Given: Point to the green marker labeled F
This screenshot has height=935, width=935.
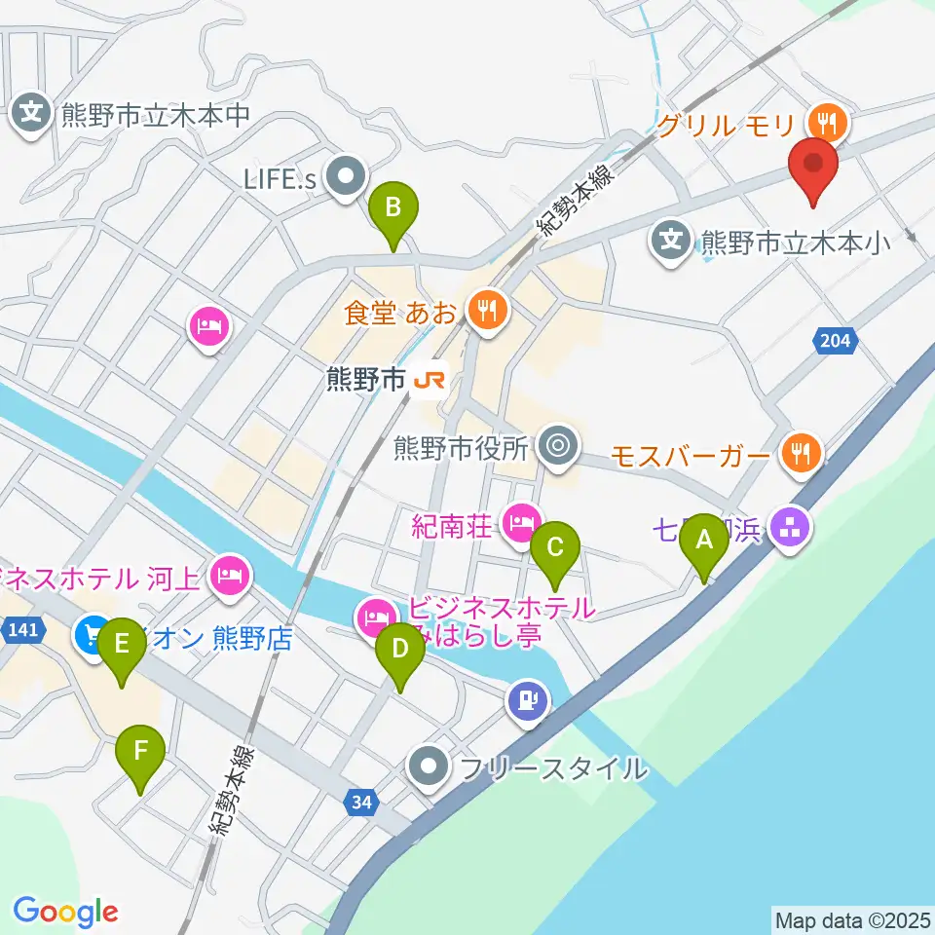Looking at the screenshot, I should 141,754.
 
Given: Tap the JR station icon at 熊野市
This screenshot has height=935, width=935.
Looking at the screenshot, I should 429,379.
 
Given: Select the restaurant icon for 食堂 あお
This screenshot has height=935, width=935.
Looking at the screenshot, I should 483,311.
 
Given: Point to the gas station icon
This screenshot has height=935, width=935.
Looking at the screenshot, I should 528,698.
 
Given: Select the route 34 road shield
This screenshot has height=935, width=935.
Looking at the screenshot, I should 362,802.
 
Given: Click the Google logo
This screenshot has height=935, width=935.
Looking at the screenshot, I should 65,912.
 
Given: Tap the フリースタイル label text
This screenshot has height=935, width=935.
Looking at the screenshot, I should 553,767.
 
